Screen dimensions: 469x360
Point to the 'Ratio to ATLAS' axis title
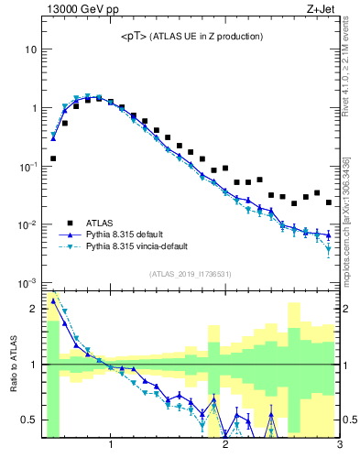pos(13,365)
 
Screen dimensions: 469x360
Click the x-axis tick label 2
pos(225,446)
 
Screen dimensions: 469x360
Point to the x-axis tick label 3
pos(339,446)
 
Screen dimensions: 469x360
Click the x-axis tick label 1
pos(111,446)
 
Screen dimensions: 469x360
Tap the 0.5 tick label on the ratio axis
pos(29,420)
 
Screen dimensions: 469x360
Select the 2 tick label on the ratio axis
pos(34,309)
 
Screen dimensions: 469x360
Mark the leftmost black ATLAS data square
pos(53,158)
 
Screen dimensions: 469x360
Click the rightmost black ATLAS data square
pos(329,202)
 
